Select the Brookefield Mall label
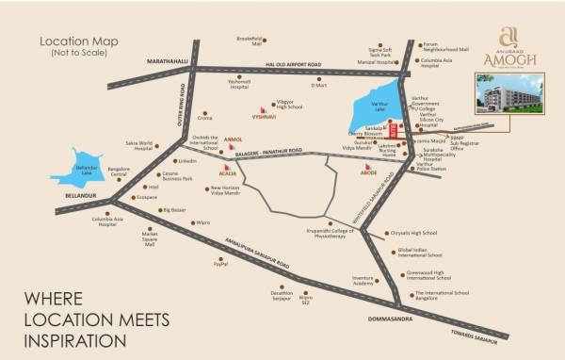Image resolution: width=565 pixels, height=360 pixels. [x=249, y=42]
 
